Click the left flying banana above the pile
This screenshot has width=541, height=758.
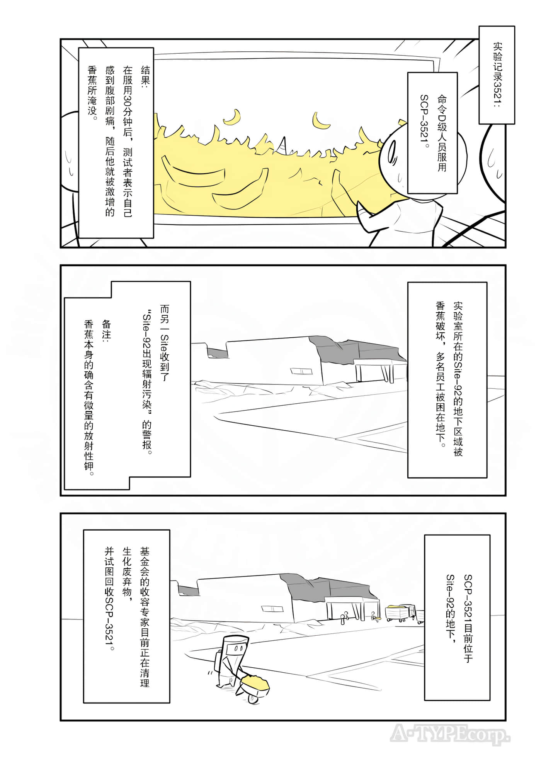pos(233,117)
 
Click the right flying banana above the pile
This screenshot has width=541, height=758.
pos(320,121)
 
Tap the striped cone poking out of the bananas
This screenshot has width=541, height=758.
pos(285,146)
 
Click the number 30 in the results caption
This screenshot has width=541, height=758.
pos(128,102)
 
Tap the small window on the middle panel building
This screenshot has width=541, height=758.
pos(301,371)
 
